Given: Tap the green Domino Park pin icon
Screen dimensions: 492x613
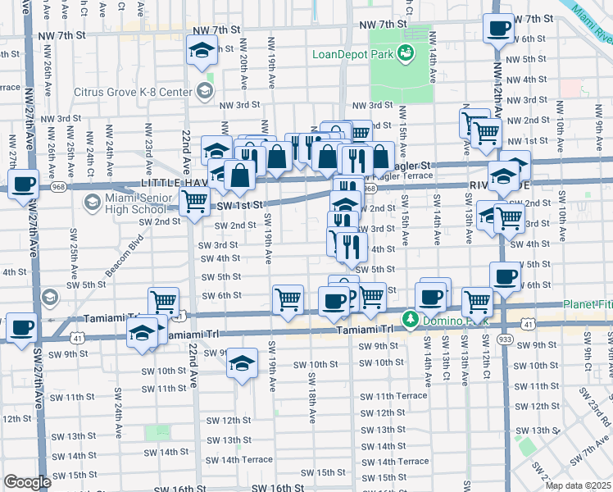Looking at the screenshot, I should pyautogui.click(x=408, y=318).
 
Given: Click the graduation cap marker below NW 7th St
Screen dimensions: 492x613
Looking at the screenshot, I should pyautogui.click(x=201, y=52).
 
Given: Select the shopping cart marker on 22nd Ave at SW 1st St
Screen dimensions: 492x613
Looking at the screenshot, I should pyautogui.click(x=194, y=199).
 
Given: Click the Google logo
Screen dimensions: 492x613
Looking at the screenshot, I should pyautogui.click(x=27, y=482).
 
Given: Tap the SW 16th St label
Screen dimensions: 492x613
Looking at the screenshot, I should pyautogui.click(x=276, y=487).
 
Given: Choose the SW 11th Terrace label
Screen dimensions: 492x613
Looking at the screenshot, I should pyautogui.click(x=394, y=395).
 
